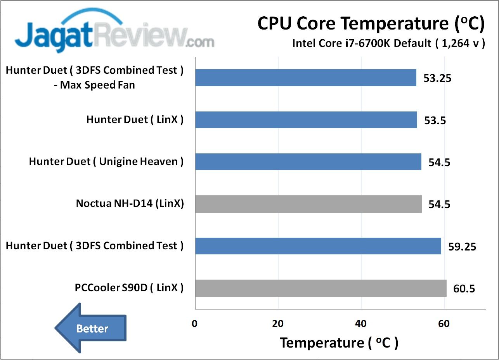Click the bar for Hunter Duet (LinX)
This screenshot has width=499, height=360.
[x=306, y=120]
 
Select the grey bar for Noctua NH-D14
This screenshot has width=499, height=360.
[x=308, y=204]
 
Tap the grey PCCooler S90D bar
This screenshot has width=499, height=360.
[x=321, y=288]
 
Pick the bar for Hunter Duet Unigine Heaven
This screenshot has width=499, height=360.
[x=308, y=162]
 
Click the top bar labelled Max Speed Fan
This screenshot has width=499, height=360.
[x=305, y=78]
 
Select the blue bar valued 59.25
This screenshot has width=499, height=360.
[x=318, y=246]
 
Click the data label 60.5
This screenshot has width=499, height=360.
[x=464, y=289]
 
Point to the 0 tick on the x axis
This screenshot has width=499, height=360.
[x=195, y=324]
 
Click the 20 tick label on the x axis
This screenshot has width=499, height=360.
[x=278, y=324]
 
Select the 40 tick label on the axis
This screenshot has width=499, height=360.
[x=361, y=324]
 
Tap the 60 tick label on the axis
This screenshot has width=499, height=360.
[x=444, y=324]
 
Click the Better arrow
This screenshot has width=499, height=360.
[x=90, y=328]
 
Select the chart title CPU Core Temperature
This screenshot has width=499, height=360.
[x=371, y=24]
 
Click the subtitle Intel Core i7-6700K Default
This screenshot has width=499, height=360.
[x=388, y=43]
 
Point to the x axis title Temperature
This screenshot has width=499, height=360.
[x=339, y=343]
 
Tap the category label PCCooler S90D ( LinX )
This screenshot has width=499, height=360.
[x=129, y=288]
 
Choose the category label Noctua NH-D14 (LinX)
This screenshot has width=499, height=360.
[x=130, y=203]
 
